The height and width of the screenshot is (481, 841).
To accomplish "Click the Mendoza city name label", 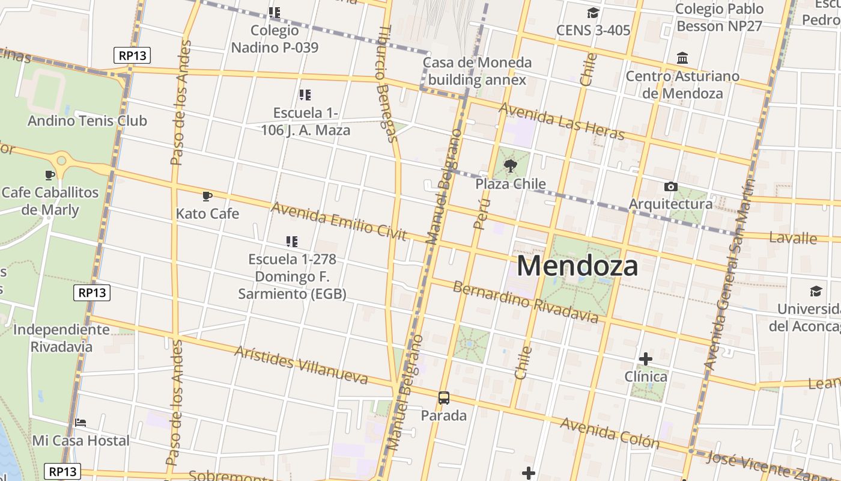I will pos(577,266).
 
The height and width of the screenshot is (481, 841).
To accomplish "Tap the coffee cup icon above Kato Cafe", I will pos(207,196).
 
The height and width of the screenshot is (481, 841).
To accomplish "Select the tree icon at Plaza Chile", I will pos(511,166).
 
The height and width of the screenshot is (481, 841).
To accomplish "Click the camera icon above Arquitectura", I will pos(671,187).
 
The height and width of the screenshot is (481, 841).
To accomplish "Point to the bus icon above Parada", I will pos(444,397).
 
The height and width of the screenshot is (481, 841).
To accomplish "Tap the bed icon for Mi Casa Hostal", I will pos(80,423).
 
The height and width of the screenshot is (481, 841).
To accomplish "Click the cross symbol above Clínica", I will pos(646,360).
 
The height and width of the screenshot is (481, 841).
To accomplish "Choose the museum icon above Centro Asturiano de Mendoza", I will pos(682,59).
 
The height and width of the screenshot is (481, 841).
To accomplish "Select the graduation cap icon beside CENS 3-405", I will pos(593,13).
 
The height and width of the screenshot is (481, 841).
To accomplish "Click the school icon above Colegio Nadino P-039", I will pos(275,13).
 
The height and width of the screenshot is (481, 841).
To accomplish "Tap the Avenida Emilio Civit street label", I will pos(339,221).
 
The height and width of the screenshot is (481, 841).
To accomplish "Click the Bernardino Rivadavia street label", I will pos(526,301).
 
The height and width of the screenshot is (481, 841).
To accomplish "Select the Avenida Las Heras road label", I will pos(562,121).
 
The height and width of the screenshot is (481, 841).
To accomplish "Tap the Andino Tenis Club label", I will pos(87,121).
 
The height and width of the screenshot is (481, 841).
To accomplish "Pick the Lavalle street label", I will pos(793,238).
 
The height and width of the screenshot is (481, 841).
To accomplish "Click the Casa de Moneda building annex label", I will pos(477,71).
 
